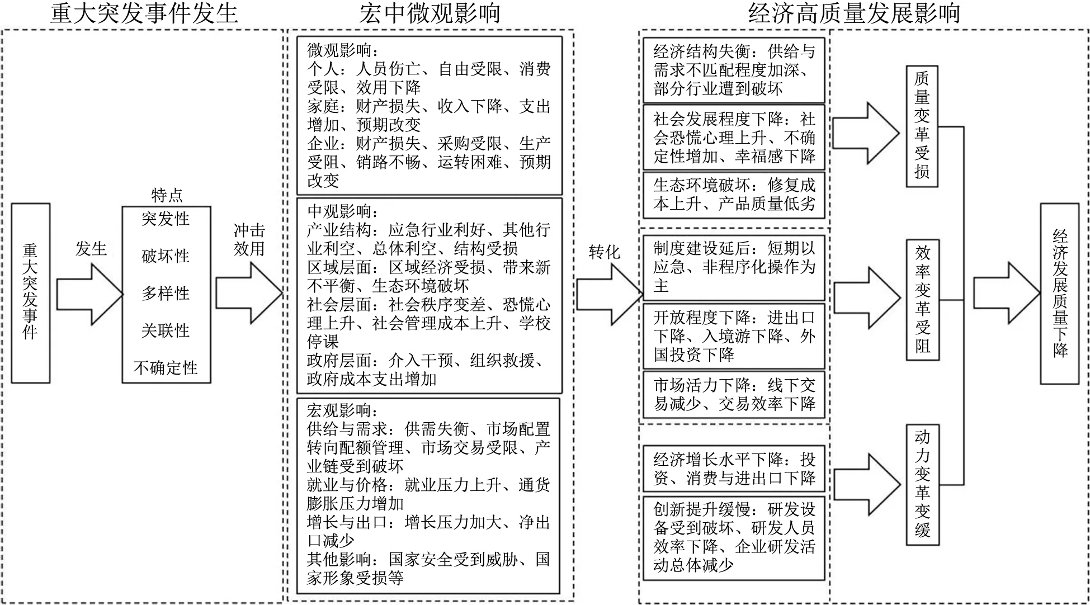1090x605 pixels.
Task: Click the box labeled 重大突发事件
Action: (x=31, y=293)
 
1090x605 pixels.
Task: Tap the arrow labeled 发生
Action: (x=89, y=294)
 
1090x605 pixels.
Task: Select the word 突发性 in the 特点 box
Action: (x=166, y=219)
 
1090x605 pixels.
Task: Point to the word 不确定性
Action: (x=166, y=368)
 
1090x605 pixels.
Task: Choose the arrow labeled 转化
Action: (x=610, y=295)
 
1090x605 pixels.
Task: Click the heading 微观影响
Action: (x=339, y=50)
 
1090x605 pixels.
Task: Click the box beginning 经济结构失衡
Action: (x=734, y=70)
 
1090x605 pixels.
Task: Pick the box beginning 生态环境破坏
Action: (x=734, y=195)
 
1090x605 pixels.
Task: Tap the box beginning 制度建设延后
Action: (x=734, y=268)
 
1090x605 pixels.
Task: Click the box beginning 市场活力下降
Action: (x=734, y=394)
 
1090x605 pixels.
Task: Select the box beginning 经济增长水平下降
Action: (x=734, y=469)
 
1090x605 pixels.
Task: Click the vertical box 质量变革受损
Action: (x=922, y=126)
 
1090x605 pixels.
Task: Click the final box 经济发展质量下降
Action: (x=1060, y=294)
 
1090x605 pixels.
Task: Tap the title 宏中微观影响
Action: (x=429, y=13)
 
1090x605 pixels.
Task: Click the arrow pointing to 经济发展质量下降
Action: (x=1007, y=293)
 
